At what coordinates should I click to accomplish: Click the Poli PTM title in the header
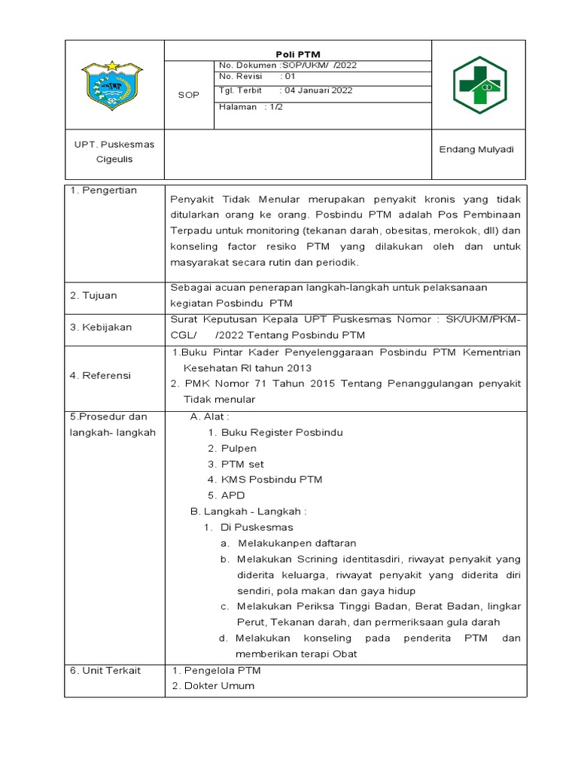click(x=299, y=54)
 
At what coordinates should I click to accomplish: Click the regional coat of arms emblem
click(x=114, y=86)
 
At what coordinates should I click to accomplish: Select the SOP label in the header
click(x=189, y=95)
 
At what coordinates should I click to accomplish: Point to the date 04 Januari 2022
click(x=316, y=90)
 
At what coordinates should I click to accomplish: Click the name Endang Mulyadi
click(x=476, y=149)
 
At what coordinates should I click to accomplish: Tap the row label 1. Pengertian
click(x=104, y=190)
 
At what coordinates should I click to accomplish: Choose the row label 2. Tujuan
click(x=94, y=296)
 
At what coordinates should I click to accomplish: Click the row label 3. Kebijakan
click(x=101, y=327)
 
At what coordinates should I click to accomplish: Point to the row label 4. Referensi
click(x=101, y=375)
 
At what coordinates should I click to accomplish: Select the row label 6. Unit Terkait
click(x=105, y=670)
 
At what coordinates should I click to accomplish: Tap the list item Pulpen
click(x=239, y=448)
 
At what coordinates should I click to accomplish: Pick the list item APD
click(x=233, y=495)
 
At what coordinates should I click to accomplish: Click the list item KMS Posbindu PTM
click(x=272, y=480)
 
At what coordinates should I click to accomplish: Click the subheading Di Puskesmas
click(x=262, y=527)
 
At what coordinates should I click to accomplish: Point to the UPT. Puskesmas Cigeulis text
click(x=114, y=151)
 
